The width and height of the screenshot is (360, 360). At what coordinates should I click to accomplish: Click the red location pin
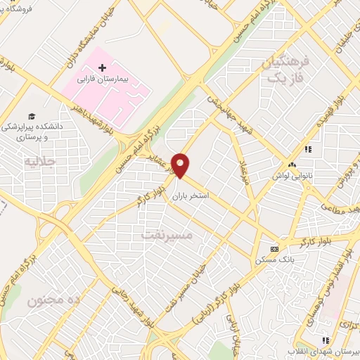coord(181,165)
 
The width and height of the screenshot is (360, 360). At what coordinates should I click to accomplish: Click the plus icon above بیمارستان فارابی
coord(103,68)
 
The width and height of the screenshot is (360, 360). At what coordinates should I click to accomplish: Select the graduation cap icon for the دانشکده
coord(32,116)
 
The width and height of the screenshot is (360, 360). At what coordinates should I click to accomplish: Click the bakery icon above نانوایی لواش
coord(292,165)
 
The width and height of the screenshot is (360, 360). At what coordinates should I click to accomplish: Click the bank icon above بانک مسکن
coord(274,249)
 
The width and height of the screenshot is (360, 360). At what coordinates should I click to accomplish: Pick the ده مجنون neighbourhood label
coord(49,301)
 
